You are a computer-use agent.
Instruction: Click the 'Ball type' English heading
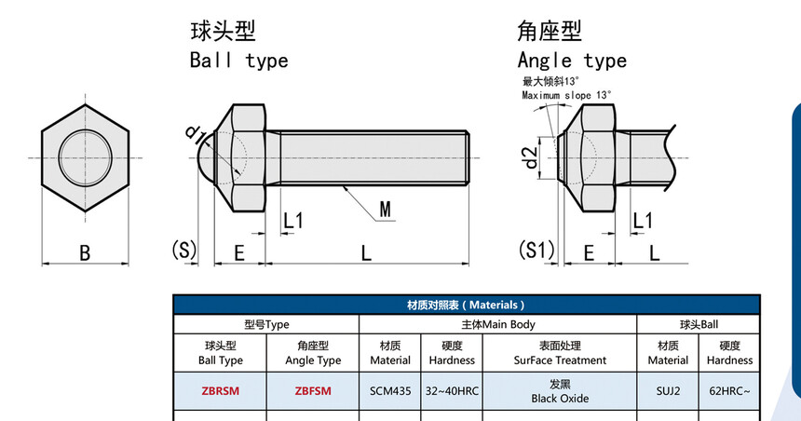(x=239, y=61)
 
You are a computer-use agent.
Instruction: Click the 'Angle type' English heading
(x=572, y=61)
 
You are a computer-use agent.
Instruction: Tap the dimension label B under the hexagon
(x=85, y=252)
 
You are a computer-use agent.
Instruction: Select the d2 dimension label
(x=529, y=157)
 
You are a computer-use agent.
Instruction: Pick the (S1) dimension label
(x=536, y=251)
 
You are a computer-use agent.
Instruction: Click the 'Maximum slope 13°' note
(x=566, y=95)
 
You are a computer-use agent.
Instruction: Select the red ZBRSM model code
(x=220, y=391)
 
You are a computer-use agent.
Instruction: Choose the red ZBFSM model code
(x=312, y=391)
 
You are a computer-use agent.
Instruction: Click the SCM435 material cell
(x=390, y=391)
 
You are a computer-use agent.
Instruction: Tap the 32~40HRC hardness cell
(x=452, y=391)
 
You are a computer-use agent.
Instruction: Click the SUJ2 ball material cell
(x=668, y=391)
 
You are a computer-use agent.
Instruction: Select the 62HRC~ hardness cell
(x=729, y=391)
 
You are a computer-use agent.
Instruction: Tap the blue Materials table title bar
(x=466, y=305)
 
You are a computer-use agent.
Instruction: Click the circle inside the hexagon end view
(x=85, y=157)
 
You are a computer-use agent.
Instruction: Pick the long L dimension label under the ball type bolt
(x=366, y=252)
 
